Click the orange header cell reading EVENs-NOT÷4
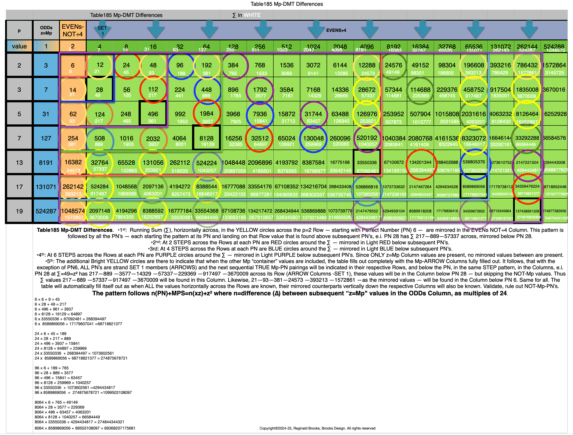[x=73, y=30]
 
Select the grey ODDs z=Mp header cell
[x=46, y=30]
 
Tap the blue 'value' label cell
[x=19, y=46]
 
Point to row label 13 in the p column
[x=19, y=162]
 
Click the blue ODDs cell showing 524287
[x=46, y=211]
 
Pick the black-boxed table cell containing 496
[x=153, y=114]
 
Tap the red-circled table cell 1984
[x=207, y=114]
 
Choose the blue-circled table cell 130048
[x=313, y=138]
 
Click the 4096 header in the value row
[x=367, y=47]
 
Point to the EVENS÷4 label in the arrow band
[x=336, y=30]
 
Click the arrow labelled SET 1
[x=102, y=31]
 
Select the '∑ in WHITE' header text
[x=246, y=15]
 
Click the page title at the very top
[x=286, y=4]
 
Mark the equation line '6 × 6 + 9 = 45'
[x=47, y=299]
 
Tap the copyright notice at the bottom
[x=317, y=428]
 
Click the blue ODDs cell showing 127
[x=46, y=138]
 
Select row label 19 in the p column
[x=19, y=211]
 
